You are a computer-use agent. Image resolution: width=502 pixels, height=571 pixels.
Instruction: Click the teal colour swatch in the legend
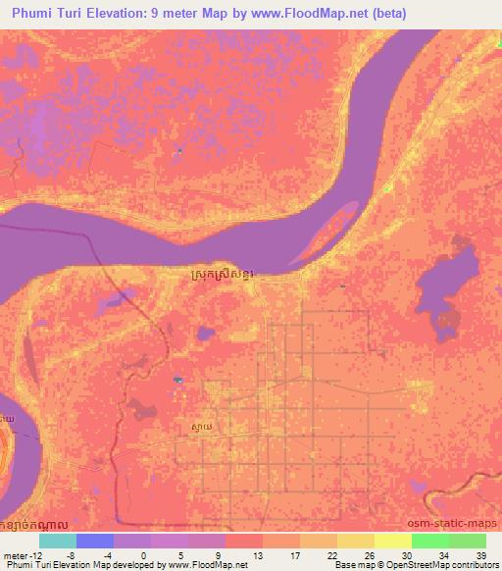coord(57,541)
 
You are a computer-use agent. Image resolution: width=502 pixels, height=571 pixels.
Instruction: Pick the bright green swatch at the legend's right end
coord(467,541)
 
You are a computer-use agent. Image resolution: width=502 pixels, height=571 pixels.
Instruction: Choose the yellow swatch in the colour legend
coord(355,541)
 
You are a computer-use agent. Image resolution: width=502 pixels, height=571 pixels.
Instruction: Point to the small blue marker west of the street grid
coord(176,381)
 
